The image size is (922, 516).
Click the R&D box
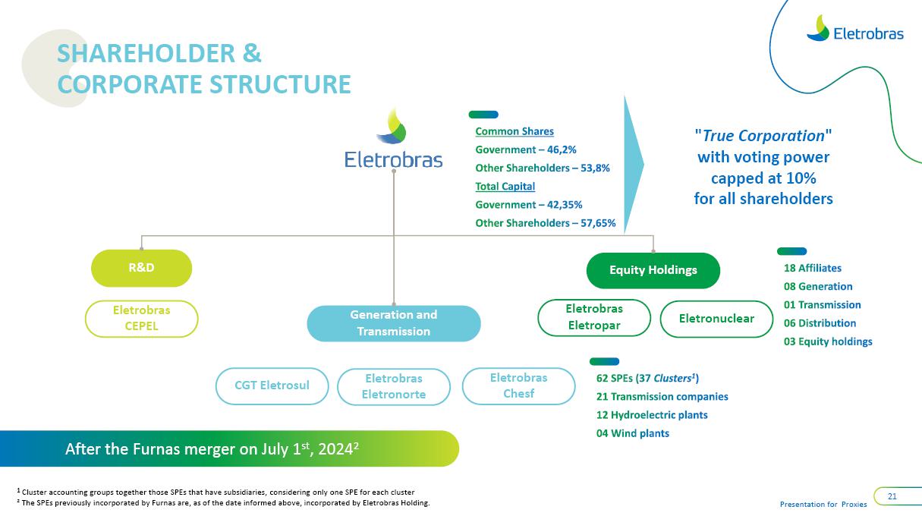pyautogui.click(x=141, y=267)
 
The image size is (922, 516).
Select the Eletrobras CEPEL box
pyautogui.click(x=141, y=319)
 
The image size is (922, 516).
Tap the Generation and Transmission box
pyautogui.click(x=393, y=323)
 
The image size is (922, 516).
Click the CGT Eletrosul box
pyautogui.click(x=272, y=385)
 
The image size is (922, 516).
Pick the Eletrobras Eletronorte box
pyautogui.click(x=393, y=386)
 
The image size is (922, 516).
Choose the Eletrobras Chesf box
pyautogui.click(x=518, y=385)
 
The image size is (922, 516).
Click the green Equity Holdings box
pyautogui.click(x=653, y=270)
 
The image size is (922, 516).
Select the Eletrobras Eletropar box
pyautogui.click(x=593, y=317)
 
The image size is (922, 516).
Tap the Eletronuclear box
pyautogui.click(x=716, y=319)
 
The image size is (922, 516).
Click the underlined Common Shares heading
pyautogui.click(x=514, y=131)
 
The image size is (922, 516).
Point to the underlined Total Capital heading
pyautogui.click(x=505, y=187)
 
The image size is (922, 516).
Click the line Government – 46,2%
pyautogui.click(x=526, y=149)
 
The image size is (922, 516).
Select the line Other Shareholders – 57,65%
pyautogui.click(x=545, y=223)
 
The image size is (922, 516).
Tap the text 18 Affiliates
pyautogui.click(x=812, y=268)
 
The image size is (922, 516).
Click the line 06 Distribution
pyautogui.click(x=820, y=323)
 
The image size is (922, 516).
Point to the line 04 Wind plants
pyautogui.click(x=632, y=433)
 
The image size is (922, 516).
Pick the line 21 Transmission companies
pyautogui.click(x=662, y=397)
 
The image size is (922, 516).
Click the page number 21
pyautogui.click(x=892, y=496)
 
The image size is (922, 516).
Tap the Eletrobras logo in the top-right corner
pyautogui.click(x=854, y=30)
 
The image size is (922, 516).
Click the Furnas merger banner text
pyautogui.click(x=212, y=449)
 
